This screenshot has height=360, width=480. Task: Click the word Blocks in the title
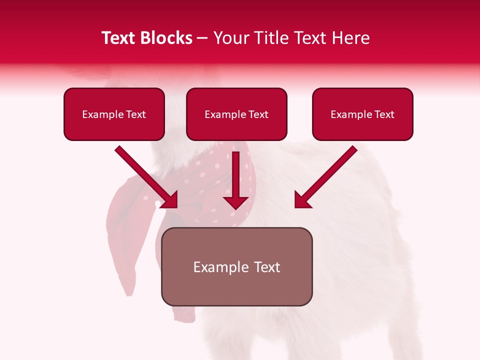tap(167, 38)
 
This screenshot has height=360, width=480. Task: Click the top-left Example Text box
tap(114, 114)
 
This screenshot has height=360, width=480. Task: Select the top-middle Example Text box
tap(236, 114)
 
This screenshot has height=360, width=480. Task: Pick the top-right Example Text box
tap(362, 114)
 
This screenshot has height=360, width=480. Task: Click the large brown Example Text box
tap(236, 266)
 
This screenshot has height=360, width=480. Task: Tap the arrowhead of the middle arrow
tap(235, 202)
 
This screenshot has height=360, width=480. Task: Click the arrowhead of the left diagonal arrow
tap(170, 200)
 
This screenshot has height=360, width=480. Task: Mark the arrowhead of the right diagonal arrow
tap(302, 200)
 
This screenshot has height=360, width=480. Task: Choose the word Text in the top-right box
tap(384, 114)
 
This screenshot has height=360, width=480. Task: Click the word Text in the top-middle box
tap(258, 114)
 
